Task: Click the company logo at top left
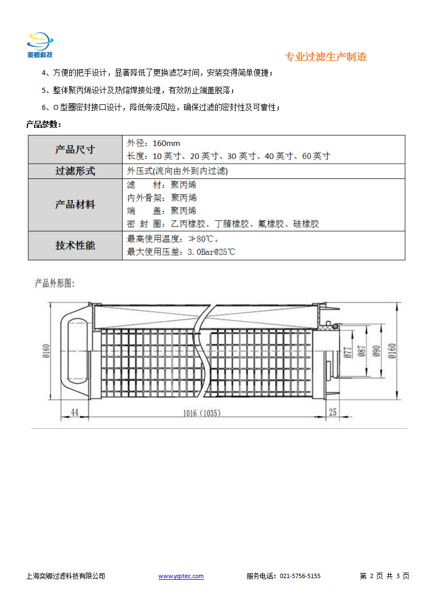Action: point(40,45)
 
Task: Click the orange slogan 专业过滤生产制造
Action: point(325,57)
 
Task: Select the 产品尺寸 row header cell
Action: point(75,149)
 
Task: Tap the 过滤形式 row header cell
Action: point(75,171)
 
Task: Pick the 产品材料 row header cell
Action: point(75,205)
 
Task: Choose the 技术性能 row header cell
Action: point(75,245)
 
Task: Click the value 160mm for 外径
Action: point(167,143)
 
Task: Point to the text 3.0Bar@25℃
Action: point(211,252)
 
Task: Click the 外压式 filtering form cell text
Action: point(178,171)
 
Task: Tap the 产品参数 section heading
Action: point(43,125)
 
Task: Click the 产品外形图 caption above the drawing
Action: point(54,283)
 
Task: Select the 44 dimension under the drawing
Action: point(75,412)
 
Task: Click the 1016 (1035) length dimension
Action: point(202,413)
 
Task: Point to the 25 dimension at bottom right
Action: point(333,412)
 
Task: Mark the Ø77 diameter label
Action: point(347,352)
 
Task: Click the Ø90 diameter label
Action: point(377,351)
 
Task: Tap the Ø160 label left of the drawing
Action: point(46,351)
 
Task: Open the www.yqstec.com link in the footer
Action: point(181,576)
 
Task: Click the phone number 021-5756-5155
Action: point(300,576)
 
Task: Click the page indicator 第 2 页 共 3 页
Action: point(384,576)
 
